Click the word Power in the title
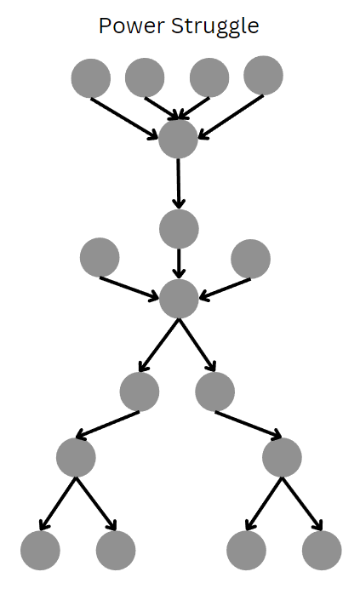click(x=132, y=26)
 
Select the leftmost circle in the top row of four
click(x=91, y=78)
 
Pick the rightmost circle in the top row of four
click(x=264, y=76)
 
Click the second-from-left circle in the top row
click(x=145, y=77)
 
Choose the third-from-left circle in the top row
click(x=209, y=77)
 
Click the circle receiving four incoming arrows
click(x=178, y=139)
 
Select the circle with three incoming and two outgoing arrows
click(x=179, y=299)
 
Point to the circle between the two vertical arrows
click(x=179, y=229)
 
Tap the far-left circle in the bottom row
click(x=40, y=551)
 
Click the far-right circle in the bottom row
click(x=322, y=551)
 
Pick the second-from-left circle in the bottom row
click(x=116, y=551)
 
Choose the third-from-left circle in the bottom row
click(x=246, y=551)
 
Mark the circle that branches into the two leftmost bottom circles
click(x=76, y=457)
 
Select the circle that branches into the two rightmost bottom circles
click(x=282, y=457)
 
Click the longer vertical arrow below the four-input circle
click(x=179, y=183)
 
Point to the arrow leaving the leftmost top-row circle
click(x=124, y=118)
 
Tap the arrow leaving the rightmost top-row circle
click(x=231, y=117)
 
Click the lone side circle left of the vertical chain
click(x=100, y=257)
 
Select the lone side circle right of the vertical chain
click(x=251, y=259)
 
